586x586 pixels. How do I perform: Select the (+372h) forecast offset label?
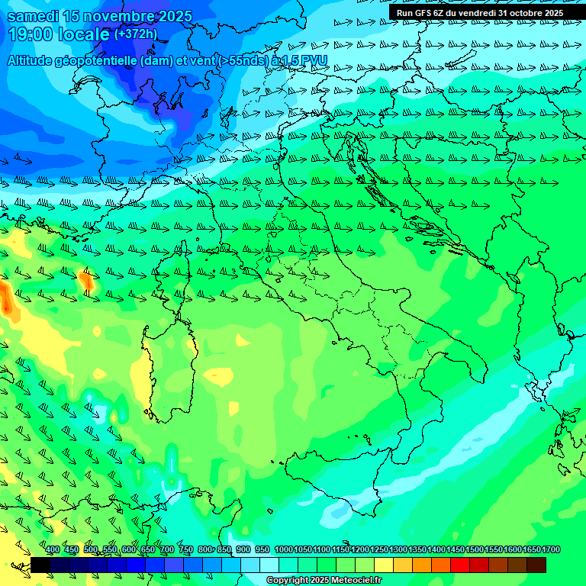pyautogui.click(x=135, y=34)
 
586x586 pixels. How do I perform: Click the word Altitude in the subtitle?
pyautogui.click(x=34, y=60)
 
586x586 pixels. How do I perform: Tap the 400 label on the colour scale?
pyautogui.click(x=53, y=549)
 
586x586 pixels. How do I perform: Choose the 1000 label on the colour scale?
pyautogui.click(x=284, y=549)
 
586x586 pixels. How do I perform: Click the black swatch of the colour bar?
pyautogui.click(x=40, y=565)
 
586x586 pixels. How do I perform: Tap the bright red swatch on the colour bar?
pyautogui.click(x=460, y=565)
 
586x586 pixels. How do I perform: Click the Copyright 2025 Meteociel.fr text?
pyautogui.click(x=324, y=581)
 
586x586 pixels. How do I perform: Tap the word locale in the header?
pyautogui.click(x=83, y=34)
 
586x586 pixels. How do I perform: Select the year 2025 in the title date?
pyautogui.click(x=175, y=16)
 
